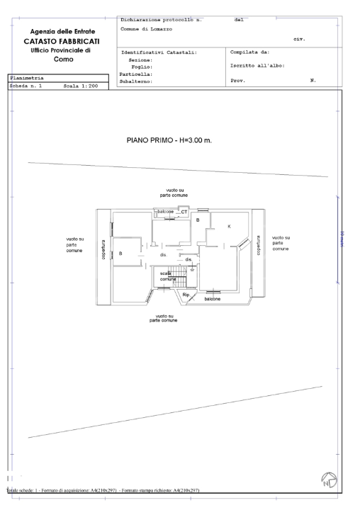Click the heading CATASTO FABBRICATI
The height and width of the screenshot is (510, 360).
[64, 42]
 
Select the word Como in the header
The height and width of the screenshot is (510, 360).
[64, 59]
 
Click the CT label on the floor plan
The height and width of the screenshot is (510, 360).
[184, 212]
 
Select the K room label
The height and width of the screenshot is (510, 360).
[229, 226]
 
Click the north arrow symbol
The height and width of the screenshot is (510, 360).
[330, 481]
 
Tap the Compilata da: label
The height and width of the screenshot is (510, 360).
[250, 52]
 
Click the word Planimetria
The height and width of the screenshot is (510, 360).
[26, 78]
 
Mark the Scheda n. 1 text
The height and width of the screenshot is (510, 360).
[26, 85]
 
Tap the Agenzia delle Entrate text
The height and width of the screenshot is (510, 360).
[64, 32]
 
